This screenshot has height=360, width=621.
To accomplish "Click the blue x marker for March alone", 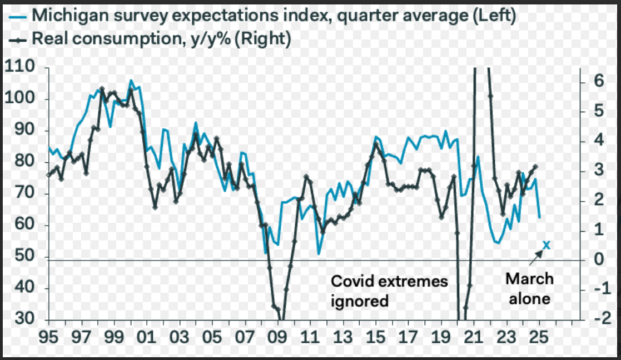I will pyautogui.click(x=546, y=244).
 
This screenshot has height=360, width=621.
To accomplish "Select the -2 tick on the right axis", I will pyautogui.click(x=599, y=321).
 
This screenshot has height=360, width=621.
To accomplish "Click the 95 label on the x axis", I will pyautogui.click(x=48, y=337).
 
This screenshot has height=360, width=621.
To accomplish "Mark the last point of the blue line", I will pyautogui.click(x=539, y=217).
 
